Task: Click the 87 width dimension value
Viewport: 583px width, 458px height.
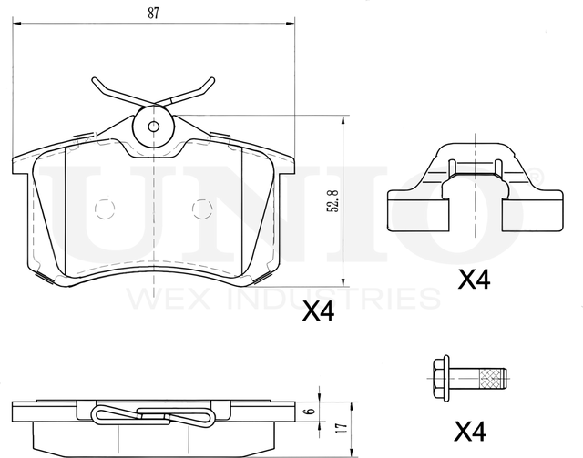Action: tap(153, 13)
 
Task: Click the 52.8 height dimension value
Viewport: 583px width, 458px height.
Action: tap(332, 200)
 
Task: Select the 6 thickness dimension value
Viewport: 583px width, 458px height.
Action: tap(312, 412)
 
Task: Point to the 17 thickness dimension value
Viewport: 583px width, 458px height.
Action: tap(343, 426)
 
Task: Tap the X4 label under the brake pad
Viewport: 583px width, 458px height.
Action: tap(318, 311)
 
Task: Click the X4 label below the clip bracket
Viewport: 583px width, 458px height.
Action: tap(474, 279)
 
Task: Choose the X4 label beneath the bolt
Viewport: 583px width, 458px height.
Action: tap(470, 432)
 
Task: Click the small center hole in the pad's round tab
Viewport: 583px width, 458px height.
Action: tap(153, 127)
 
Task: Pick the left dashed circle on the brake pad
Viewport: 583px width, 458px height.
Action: tap(105, 209)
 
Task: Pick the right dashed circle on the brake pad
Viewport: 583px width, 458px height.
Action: tap(202, 209)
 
